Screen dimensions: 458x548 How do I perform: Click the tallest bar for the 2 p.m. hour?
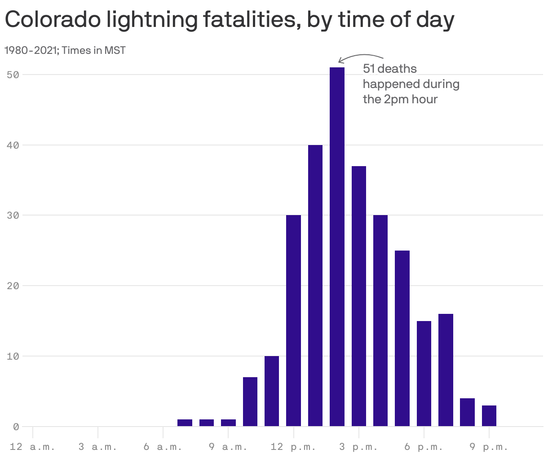337,247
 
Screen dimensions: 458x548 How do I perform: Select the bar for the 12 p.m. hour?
293,321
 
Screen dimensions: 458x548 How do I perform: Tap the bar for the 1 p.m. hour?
315,286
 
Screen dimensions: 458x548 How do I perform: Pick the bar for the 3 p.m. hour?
359,296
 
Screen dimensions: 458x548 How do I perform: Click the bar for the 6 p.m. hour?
424,374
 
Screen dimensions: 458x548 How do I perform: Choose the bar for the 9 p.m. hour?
489,416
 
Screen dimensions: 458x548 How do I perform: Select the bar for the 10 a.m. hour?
250,402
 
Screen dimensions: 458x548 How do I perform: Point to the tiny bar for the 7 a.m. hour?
185,423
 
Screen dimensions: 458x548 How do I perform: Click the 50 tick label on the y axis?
13,75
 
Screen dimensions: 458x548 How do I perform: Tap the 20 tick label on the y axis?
13,286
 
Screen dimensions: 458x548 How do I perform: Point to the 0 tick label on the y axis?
16,427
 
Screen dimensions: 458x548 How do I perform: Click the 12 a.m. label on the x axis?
32,447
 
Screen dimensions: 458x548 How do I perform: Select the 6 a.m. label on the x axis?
163,447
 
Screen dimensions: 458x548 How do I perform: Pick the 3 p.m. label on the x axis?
358,447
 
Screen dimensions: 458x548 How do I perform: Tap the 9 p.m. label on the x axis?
489,447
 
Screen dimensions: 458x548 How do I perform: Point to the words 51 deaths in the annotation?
389,69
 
